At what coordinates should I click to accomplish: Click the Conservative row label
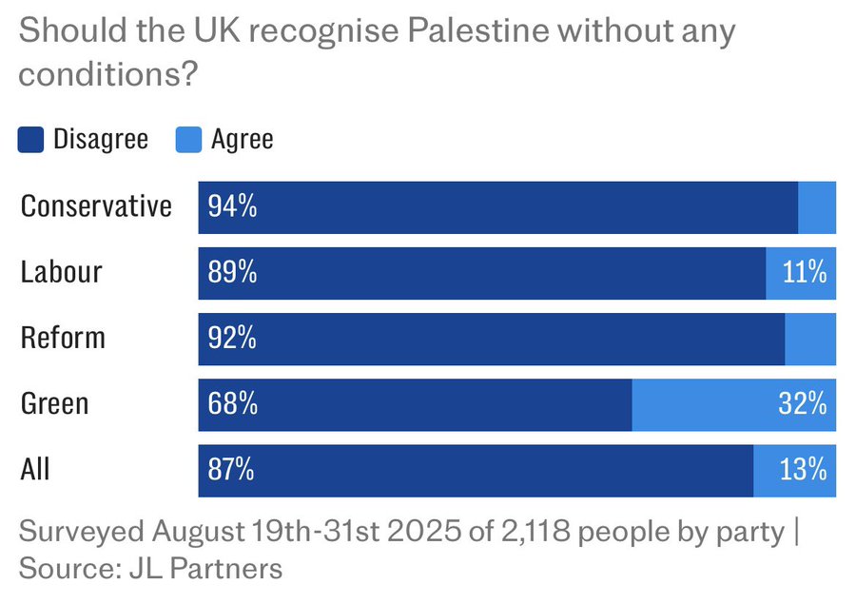pos(96,206)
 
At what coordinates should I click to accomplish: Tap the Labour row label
pos(61,272)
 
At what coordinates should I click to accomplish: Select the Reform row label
pos(63,338)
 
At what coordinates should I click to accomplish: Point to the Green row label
pos(54,403)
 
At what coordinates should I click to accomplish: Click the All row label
pos(35,469)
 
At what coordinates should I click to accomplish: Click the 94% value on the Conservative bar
pos(232,206)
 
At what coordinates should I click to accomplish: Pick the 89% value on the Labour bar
pos(232,272)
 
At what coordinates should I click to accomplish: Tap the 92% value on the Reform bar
pos(232,338)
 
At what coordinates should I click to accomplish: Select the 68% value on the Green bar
pos(232,403)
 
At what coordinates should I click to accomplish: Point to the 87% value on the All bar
pos(232,469)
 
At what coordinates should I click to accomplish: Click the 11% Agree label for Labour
pos(804,272)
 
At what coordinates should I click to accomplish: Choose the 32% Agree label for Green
pos(803,403)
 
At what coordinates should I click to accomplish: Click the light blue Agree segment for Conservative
pos(817,206)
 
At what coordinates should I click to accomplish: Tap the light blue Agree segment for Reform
pos(810,338)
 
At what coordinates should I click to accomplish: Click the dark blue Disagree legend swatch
pos(30,140)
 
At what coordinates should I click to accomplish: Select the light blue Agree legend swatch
pos(188,140)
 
